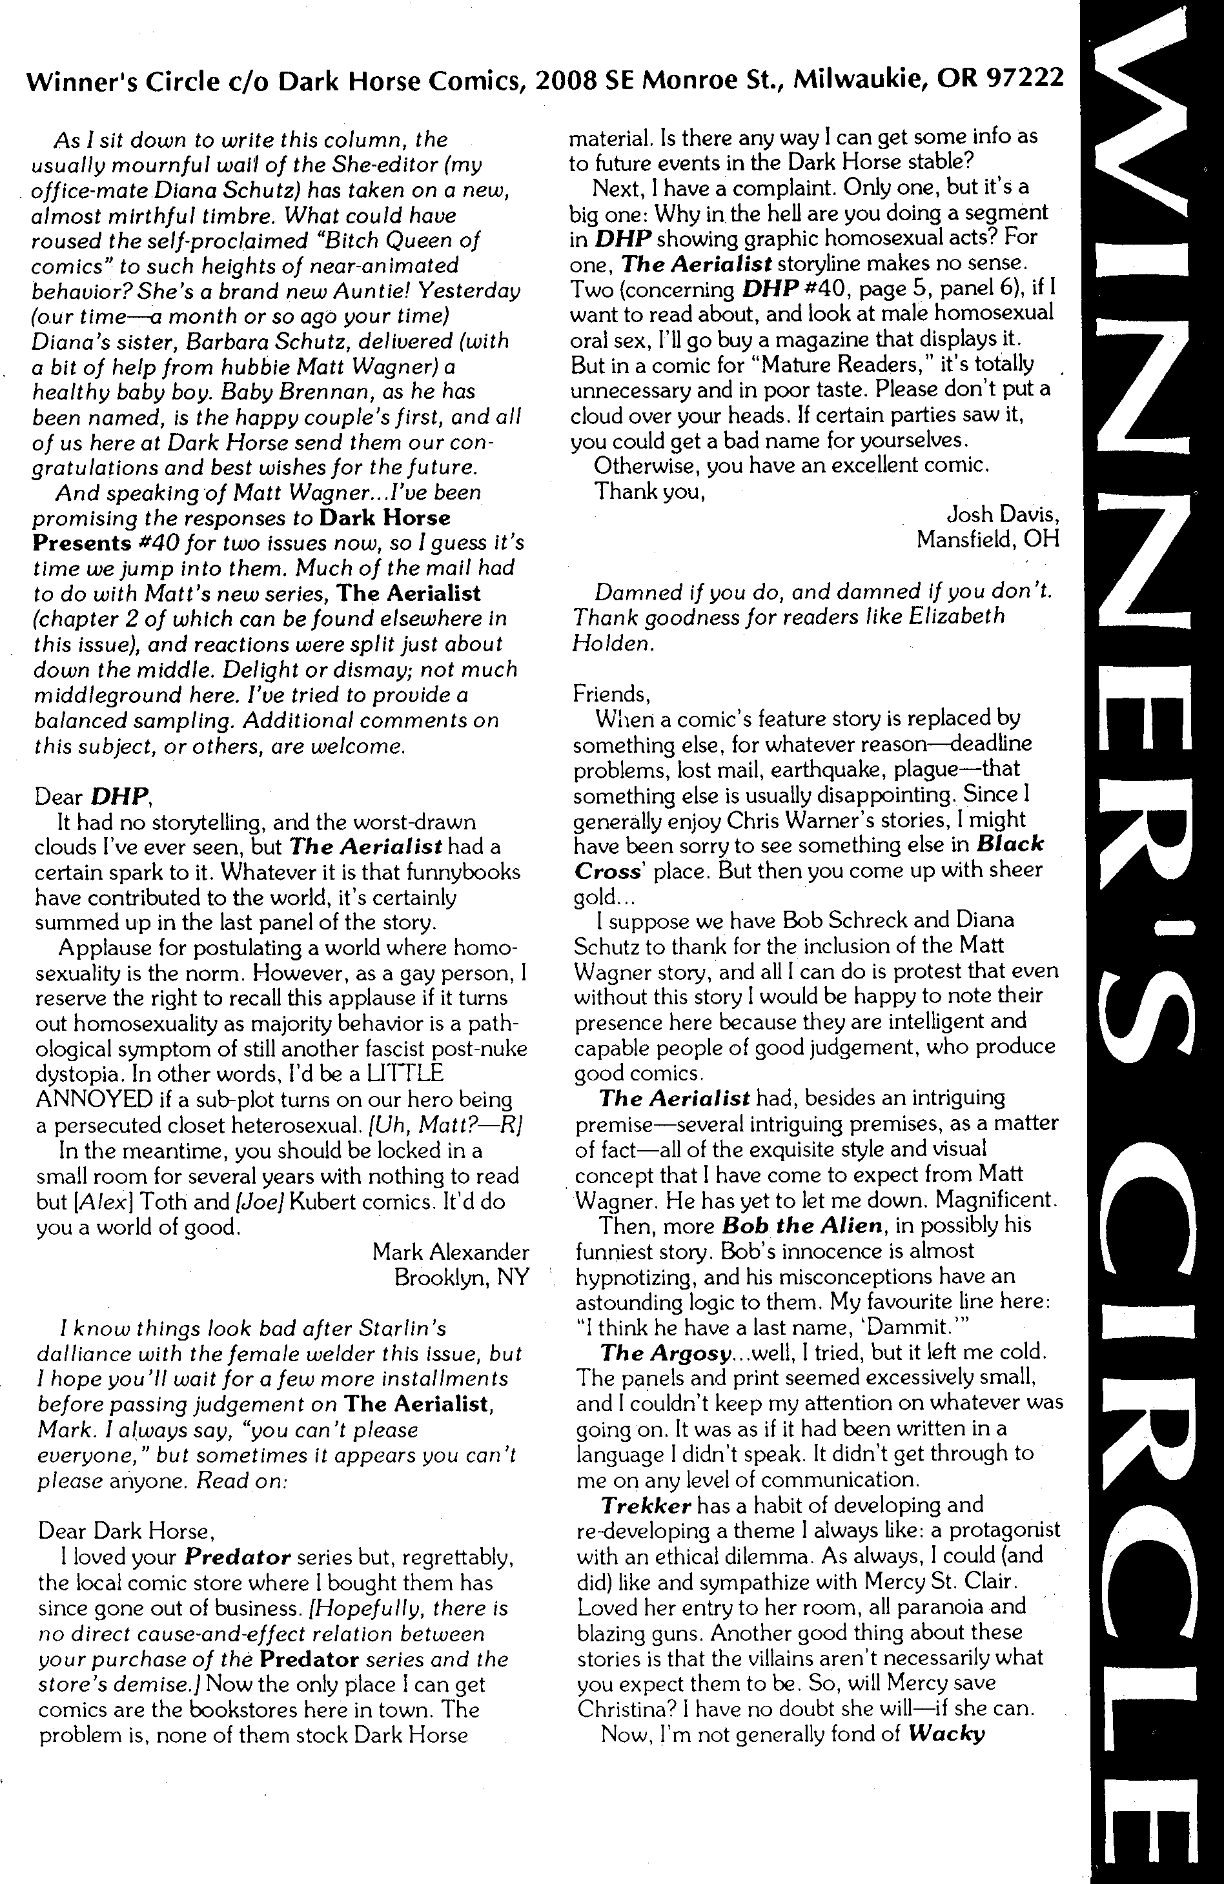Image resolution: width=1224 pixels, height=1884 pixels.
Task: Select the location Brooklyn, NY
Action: [461, 1278]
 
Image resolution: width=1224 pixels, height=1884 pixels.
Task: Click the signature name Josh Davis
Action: [1003, 514]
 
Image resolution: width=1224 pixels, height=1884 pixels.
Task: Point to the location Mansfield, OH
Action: [987, 540]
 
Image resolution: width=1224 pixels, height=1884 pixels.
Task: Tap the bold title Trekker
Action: [647, 1505]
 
